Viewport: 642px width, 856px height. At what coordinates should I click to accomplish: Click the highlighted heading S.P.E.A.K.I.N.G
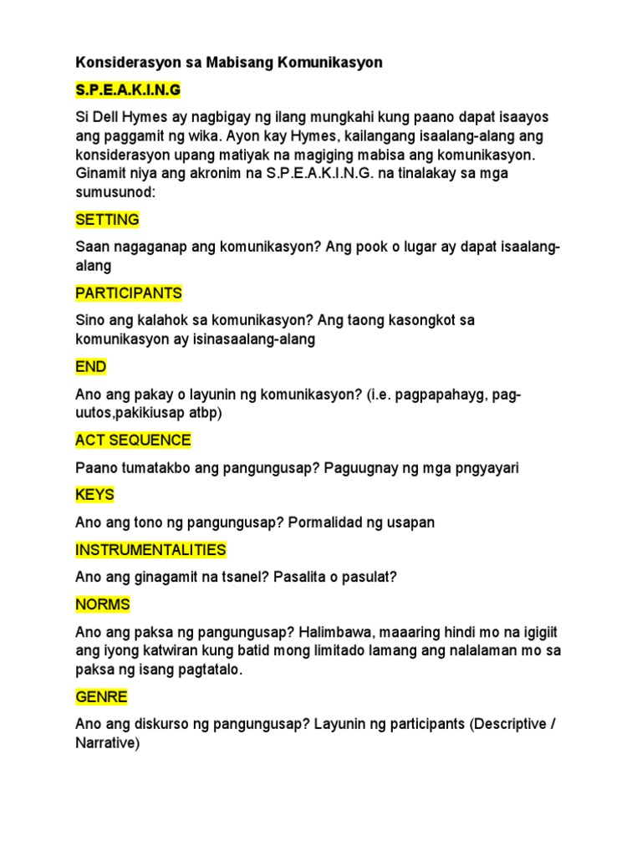(x=128, y=89)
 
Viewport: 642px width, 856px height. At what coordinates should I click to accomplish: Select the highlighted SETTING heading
(x=107, y=220)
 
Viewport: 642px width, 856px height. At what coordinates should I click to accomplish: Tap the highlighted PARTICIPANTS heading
(x=129, y=293)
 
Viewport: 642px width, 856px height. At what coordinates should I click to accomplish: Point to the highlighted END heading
(x=91, y=367)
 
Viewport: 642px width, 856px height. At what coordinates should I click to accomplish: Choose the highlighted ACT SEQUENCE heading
(x=133, y=440)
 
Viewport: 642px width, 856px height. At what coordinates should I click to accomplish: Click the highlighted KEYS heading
(x=94, y=495)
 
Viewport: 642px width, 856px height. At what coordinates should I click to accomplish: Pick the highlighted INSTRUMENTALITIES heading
(x=150, y=550)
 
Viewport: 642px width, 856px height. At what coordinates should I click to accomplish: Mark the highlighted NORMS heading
(x=103, y=604)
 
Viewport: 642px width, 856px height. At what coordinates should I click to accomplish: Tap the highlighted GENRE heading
(x=101, y=696)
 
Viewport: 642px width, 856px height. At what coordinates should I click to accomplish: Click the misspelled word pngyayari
(x=486, y=468)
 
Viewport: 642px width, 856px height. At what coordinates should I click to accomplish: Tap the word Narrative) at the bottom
(x=106, y=742)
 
